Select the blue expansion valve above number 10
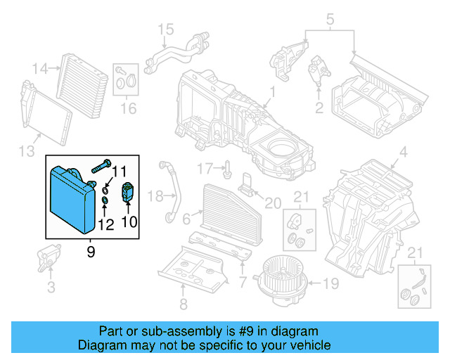[x=128, y=191]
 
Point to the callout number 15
[x=165, y=29]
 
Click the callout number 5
[x=330, y=18]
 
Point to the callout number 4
[x=403, y=152]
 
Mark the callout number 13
[x=26, y=152]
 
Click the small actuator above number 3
[x=50, y=255]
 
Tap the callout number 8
[x=183, y=304]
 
